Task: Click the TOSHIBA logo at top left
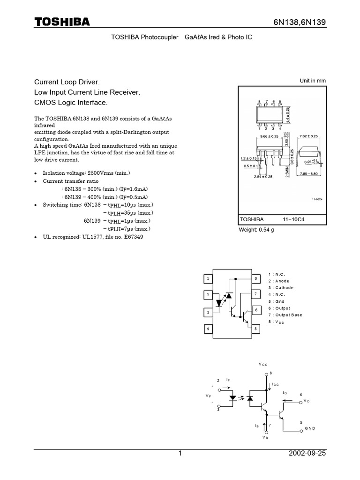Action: [x=61, y=22]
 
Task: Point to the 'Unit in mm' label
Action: [x=313, y=81]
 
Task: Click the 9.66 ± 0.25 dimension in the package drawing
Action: [x=266, y=136]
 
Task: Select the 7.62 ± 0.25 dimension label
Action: [x=308, y=136]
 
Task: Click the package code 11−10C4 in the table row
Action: [x=293, y=219]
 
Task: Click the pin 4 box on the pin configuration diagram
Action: [x=208, y=329]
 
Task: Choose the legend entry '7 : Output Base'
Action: [x=285, y=315]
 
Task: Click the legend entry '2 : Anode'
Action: [x=280, y=281]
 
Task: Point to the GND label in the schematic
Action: [x=310, y=428]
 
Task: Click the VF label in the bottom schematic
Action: [x=208, y=396]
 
